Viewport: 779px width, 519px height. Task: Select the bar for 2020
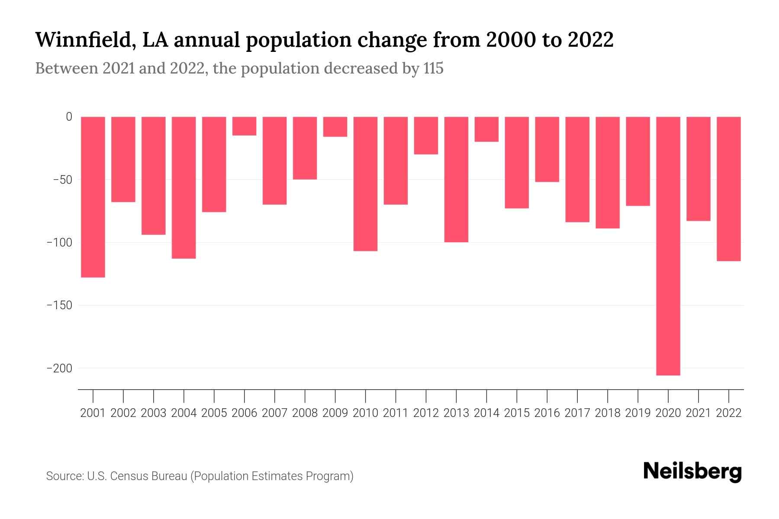(668, 246)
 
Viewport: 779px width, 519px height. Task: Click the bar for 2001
(93, 197)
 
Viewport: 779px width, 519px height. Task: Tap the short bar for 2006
(244, 126)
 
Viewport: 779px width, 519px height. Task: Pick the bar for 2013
(456, 179)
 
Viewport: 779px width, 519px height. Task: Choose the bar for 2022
(728, 189)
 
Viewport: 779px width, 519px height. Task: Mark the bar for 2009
(335, 127)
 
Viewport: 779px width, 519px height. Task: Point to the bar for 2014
(486, 129)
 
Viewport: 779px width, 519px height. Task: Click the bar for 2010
(365, 183)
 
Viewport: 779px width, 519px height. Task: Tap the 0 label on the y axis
(69, 117)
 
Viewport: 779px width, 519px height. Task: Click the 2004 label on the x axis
(184, 413)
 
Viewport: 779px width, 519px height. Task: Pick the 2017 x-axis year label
(577, 413)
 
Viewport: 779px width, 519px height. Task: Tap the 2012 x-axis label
(426, 413)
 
